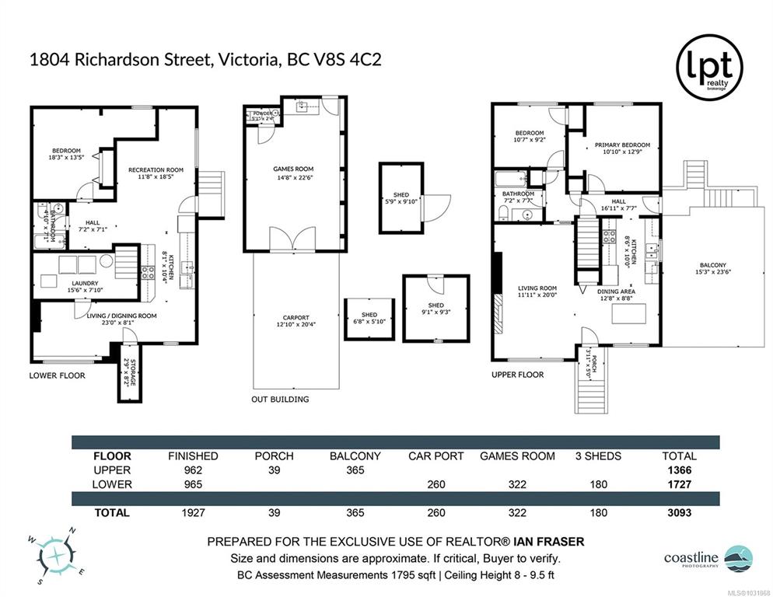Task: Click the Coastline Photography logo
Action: coord(705,558)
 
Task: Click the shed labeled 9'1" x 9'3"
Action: coord(435,309)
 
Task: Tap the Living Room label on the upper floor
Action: coord(537,292)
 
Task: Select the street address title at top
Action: coord(205,61)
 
